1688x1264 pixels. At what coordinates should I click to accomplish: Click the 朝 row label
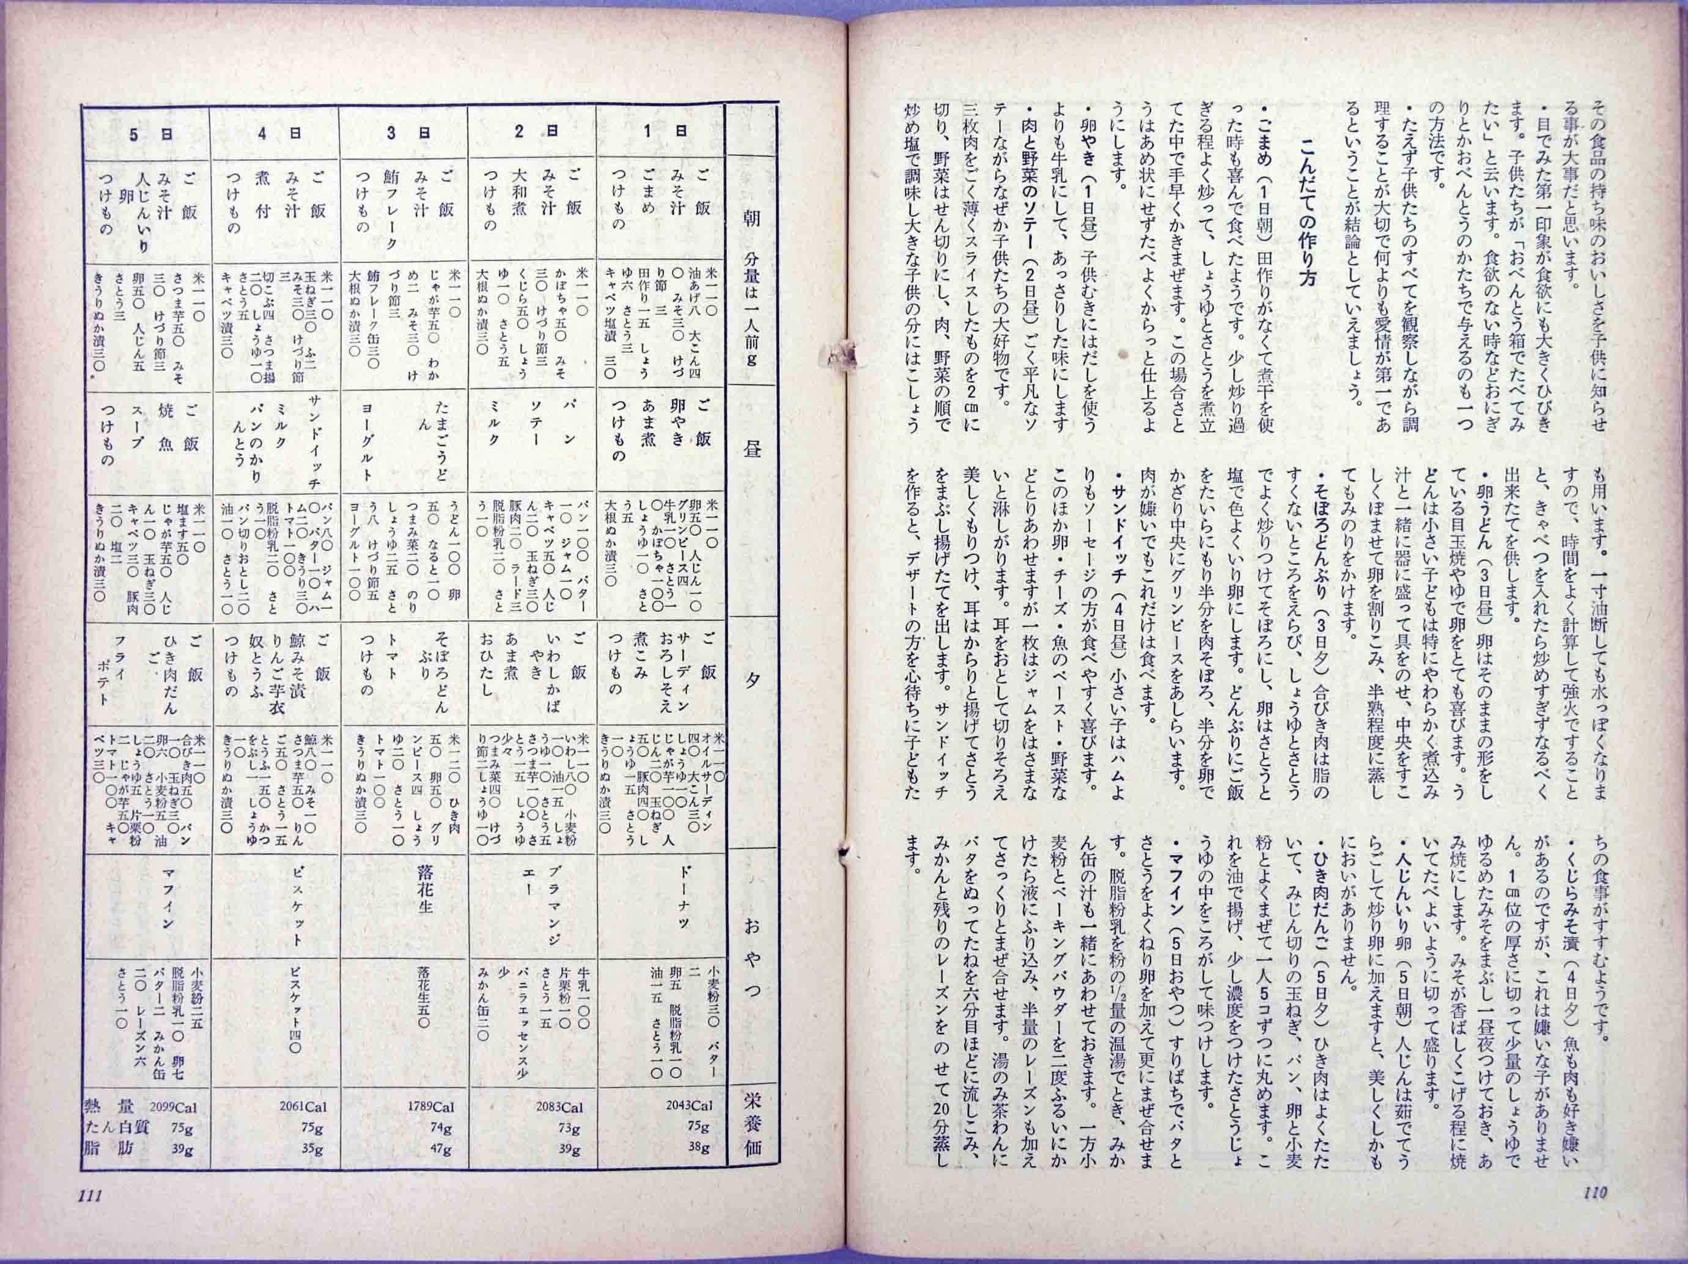pyautogui.click(x=751, y=221)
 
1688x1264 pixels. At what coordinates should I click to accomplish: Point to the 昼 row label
pyautogui.click(x=751, y=449)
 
